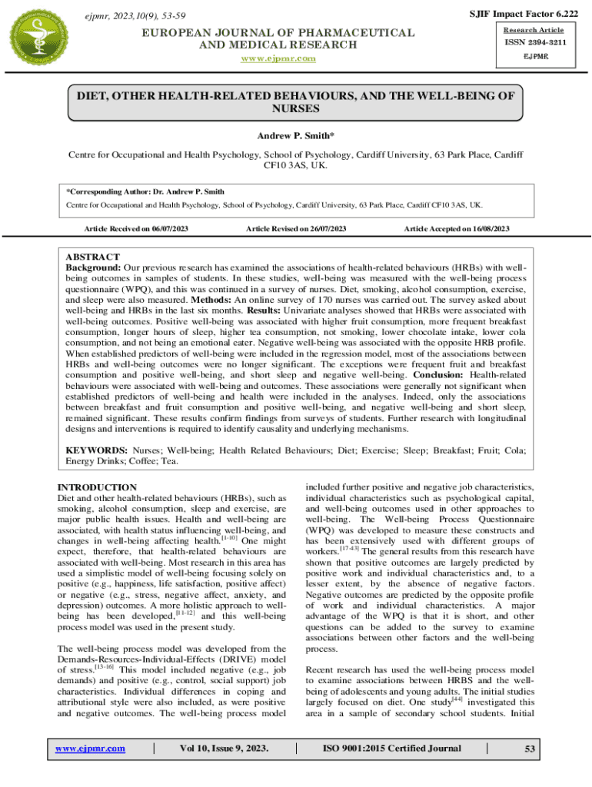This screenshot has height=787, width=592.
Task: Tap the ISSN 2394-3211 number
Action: pyautogui.click(x=536, y=42)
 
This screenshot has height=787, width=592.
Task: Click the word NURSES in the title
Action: pyautogui.click(x=295, y=109)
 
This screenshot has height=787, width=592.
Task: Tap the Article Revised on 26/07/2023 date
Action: pyautogui.click(x=296, y=229)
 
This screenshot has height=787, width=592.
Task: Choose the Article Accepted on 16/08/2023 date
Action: pyautogui.click(x=457, y=229)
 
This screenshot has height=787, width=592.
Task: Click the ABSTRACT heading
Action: pyautogui.click(x=92, y=257)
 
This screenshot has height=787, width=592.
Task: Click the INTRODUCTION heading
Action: pyautogui.click(x=98, y=487)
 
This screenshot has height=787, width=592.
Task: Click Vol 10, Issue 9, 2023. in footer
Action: pyautogui.click(x=224, y=749)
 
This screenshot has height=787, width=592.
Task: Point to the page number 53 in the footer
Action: pyautogui.click(x=529, y=749)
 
